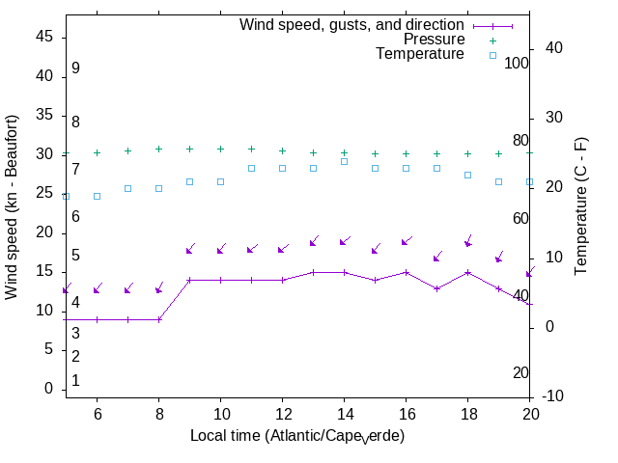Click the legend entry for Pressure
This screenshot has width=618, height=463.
point(434,40)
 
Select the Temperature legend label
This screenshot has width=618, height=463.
point(420,54)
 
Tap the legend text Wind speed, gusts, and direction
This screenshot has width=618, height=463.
point(352,25)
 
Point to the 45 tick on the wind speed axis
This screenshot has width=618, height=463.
point(44,36)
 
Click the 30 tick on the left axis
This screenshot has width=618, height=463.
point(44,153)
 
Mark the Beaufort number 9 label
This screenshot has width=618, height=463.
point(75,68)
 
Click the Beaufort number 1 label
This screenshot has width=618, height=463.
point(75,381)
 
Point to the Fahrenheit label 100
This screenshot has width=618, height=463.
point(517,63)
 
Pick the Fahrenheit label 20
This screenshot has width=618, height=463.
point(520,372)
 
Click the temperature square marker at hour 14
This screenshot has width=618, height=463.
point(344,161)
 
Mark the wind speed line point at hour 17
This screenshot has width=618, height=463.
point(436,288)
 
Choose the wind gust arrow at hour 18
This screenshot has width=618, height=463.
point(468,241)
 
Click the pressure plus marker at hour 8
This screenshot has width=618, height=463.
point(158,150)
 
